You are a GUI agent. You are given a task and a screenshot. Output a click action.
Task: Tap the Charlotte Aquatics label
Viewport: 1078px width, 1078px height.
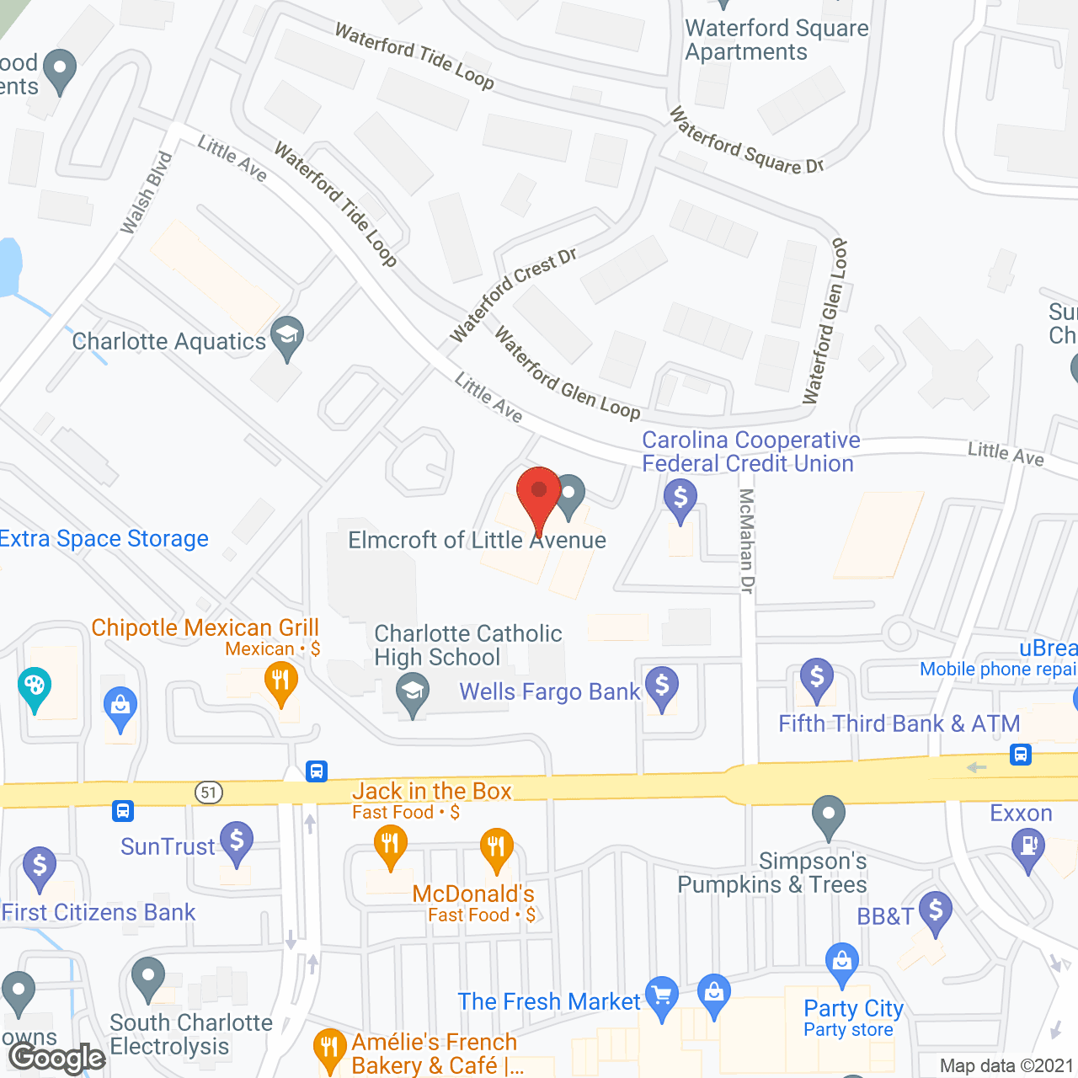[x=168, y=341]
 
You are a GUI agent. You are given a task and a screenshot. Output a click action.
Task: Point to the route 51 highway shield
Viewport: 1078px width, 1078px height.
[x=209, y=792]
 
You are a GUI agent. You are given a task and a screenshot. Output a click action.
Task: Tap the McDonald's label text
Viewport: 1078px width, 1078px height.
[x=473, y=894]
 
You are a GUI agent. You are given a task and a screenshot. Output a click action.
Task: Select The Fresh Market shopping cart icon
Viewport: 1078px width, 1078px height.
[x=662, y=996]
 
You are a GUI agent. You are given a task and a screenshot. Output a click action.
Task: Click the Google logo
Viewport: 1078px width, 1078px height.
[x=57, y=1058]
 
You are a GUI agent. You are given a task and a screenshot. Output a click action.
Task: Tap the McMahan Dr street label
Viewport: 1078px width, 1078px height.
[x=746, y=541]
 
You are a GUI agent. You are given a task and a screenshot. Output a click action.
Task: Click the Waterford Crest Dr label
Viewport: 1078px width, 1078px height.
[x=512, y=295]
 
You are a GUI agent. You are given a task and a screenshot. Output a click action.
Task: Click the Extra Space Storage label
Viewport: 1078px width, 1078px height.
[x=104, y=538]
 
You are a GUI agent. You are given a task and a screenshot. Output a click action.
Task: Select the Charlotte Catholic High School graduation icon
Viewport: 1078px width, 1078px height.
[x=413, y=694]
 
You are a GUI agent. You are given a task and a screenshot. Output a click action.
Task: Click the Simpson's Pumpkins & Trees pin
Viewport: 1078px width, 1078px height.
[x=829, y=815]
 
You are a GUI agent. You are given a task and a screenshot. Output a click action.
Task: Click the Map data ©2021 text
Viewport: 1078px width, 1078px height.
[x=1006, y=1066]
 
